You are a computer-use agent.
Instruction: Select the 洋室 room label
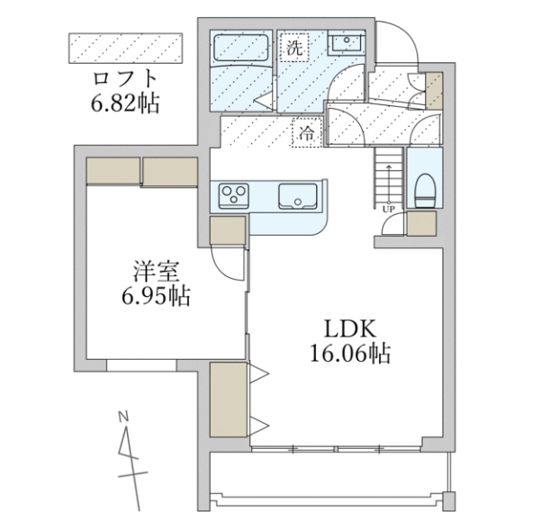coord(156,270)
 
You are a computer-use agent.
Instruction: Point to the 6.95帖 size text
coord(155,296)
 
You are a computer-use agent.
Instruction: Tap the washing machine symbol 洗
coord(294,47)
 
